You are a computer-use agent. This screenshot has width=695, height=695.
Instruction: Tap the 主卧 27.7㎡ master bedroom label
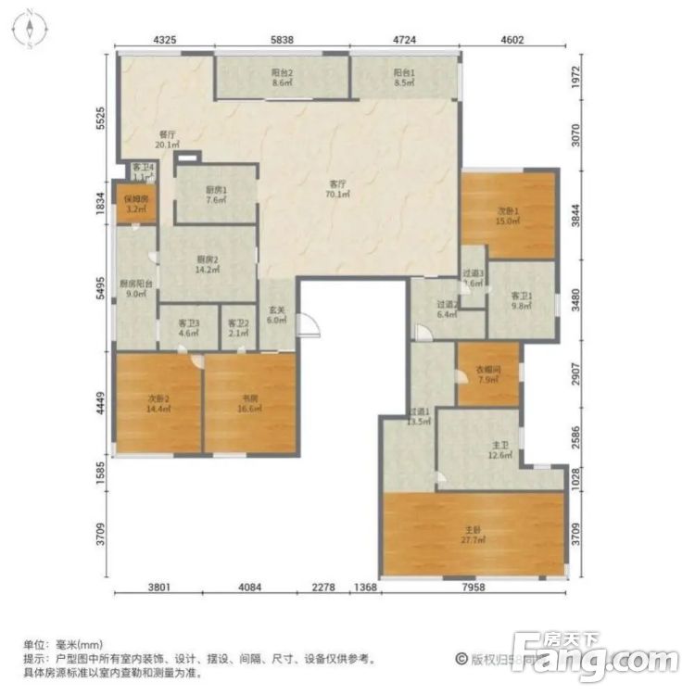pyautogui.click(x=474, y=535)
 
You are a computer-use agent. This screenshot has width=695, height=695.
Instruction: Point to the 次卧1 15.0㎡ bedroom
pyautogui.click(x=507, y=215)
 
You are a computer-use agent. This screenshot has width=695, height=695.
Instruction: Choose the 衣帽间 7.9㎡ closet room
pyautogui.click(x=488, y=373)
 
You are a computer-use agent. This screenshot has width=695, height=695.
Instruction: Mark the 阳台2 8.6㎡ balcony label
pyautogui.click(x=282, y=77)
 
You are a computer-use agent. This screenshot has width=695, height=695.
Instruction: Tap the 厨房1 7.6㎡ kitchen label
pyautogui.click(x=215, y=196)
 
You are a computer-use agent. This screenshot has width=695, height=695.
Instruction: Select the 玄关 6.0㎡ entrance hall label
pyautogui.click(x=276, y=316)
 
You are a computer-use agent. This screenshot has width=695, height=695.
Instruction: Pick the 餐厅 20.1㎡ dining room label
pyautogui.click(x=167, y=139)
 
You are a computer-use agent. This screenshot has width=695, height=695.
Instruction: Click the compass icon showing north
pyautogui.click(x=30, y=28)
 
